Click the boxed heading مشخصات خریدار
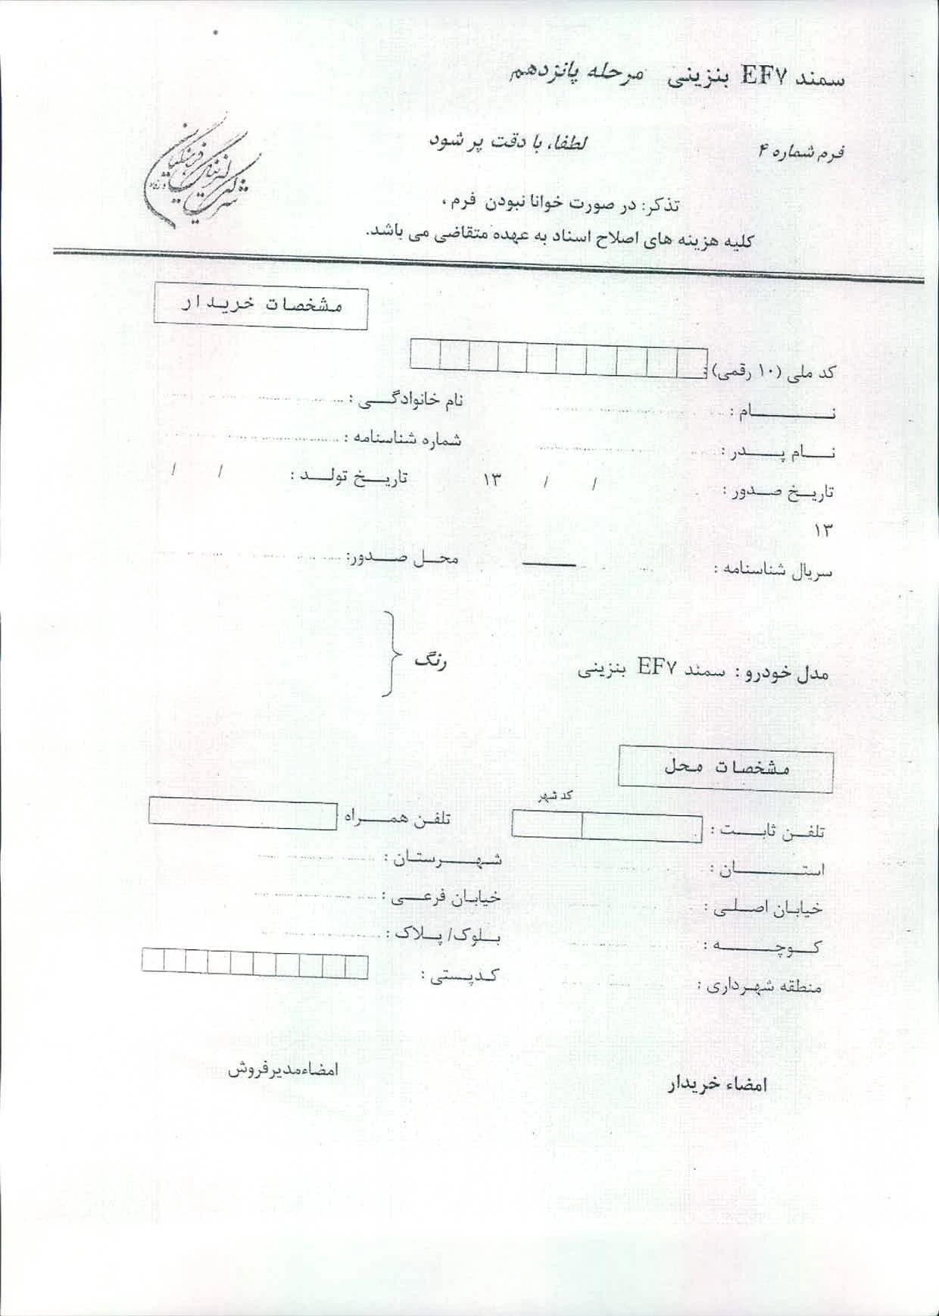(260, 306)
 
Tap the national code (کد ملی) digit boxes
(558, 356)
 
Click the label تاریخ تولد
(349, 477)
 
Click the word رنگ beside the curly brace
(430, 661)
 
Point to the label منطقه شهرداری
(759, 986)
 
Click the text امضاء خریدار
(717, 1085)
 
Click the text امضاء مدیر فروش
(283, 1070)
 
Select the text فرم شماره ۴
(803, 152)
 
